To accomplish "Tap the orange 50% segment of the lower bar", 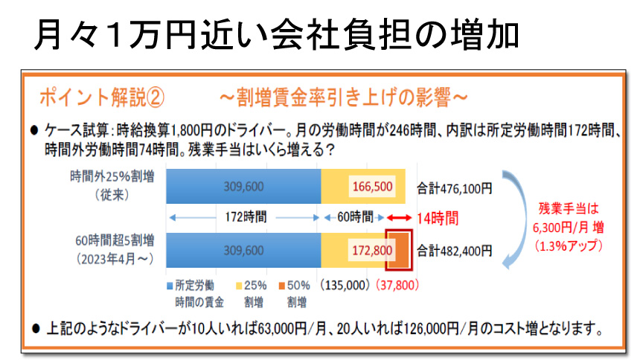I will point(398,248).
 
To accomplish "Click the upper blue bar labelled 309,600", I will point(243,186).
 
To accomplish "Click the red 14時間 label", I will point(438,219).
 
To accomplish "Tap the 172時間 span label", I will point(243,218).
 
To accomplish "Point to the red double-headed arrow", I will point(399,218).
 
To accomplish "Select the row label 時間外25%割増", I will point(113,176).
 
